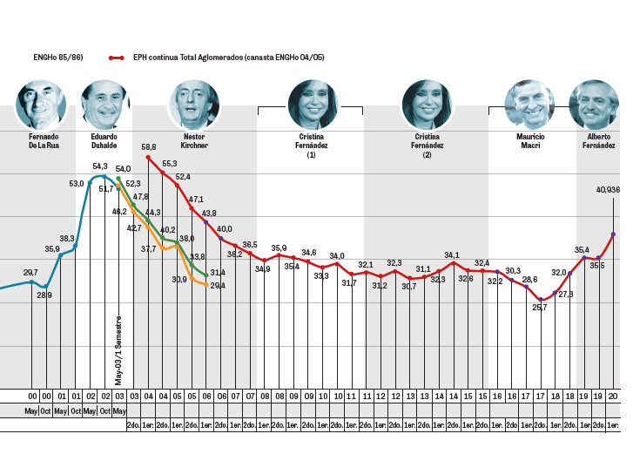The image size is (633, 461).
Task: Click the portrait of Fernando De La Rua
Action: (x=42, y=104)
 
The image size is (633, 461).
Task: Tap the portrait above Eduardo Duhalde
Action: (x=104, y=104)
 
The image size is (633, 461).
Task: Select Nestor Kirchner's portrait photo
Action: (x=194, y=104)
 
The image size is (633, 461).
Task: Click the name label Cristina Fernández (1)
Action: (x=311, y=146)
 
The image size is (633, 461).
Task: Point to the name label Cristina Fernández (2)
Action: (x=428, y=146)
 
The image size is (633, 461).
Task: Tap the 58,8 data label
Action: (x=149, y=147)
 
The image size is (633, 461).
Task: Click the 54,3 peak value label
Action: (x=99, y=166)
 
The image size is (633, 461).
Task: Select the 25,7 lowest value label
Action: (x=540, y=308)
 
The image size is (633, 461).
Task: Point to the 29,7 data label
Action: (x=30, y=273)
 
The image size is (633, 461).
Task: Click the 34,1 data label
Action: (x=452, y=255)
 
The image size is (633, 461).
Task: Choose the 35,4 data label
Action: (x=582, y=250)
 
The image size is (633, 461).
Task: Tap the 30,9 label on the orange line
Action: (x=179, y=279)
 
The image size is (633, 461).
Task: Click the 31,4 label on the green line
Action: (x=218, y=273)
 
